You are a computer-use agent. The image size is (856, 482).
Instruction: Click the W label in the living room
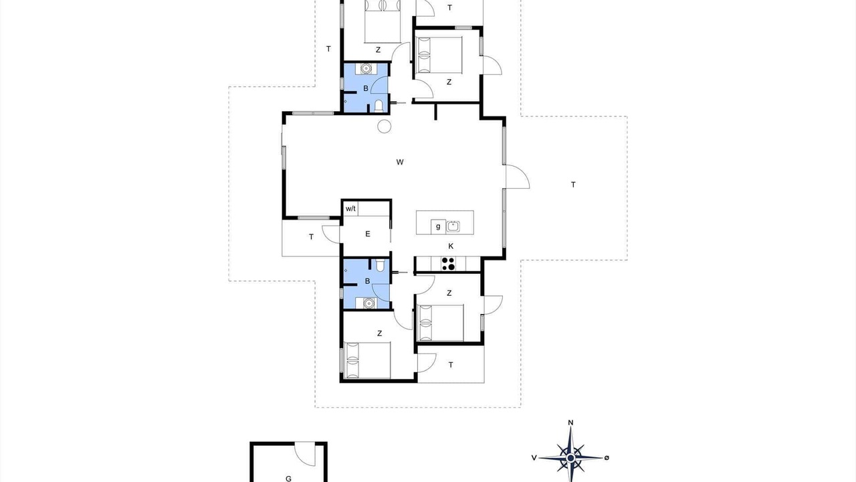400,162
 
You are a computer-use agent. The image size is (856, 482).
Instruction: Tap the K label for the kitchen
451,246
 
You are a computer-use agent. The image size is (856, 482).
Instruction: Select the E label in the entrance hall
368,234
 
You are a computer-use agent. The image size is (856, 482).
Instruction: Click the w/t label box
351,209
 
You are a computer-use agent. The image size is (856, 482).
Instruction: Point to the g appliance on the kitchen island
438,226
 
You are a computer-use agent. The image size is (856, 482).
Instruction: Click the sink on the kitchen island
453,226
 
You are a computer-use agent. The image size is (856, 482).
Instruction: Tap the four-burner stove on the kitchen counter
448,264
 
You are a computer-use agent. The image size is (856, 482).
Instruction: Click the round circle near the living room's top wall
384,127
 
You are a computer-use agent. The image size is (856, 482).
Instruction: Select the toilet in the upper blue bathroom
379,106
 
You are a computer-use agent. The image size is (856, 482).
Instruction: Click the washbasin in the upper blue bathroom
366,68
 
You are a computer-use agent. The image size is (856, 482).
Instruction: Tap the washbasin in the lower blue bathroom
368,303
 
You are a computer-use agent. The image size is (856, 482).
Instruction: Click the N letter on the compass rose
570,422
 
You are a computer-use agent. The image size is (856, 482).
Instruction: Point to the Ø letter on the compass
607,458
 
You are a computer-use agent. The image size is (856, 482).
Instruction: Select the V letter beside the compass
534,458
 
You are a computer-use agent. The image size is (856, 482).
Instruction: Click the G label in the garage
288,478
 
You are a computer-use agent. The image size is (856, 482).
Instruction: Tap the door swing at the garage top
306,455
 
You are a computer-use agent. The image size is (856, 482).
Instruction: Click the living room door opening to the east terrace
518,177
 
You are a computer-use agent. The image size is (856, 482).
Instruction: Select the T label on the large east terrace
573,185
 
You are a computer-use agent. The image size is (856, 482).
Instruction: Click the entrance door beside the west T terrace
331,234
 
